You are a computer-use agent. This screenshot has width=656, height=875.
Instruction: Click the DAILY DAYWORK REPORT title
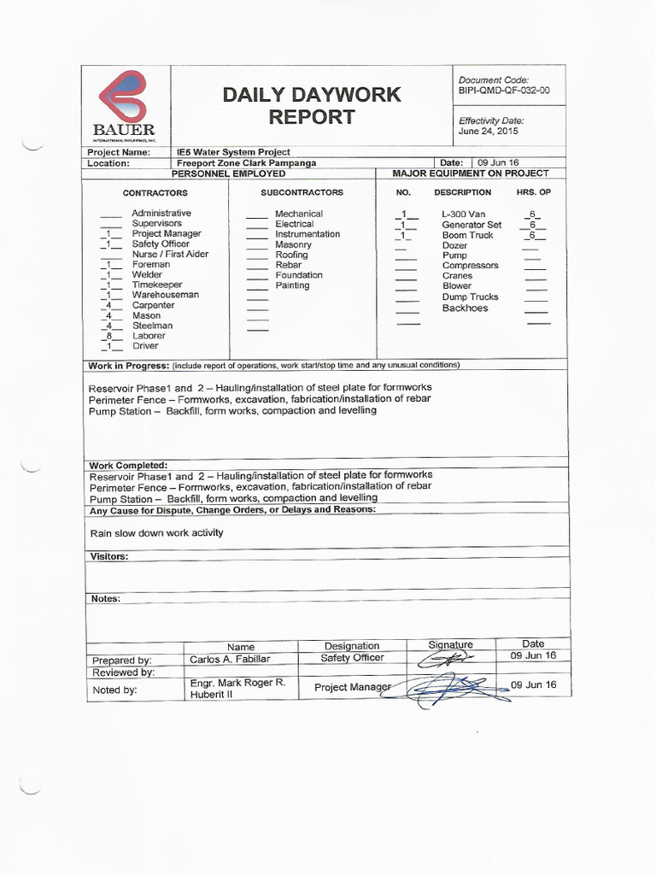coord(312,105)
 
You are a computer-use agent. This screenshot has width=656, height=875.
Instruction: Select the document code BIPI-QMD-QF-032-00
coord(504,89)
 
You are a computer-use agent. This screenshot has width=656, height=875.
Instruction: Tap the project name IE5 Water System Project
coord(233,151)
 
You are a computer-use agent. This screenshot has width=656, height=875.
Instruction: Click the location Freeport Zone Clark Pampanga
coord(246,162)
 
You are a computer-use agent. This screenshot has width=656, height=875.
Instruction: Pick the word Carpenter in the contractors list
coord(153,305)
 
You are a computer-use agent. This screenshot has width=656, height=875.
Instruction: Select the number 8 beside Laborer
coord(108,336)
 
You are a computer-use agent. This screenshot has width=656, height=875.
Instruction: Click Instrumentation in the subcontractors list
coord(307,234)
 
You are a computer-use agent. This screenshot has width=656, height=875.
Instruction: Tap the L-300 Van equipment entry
coord(463,214)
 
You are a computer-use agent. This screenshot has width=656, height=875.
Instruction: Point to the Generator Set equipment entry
coord(471,225)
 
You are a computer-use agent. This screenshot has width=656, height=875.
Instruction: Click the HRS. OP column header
coord(533,192)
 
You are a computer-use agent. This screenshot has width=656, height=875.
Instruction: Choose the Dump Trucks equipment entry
coord(470,297)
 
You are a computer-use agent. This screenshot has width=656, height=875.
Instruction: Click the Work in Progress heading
coord(128,365)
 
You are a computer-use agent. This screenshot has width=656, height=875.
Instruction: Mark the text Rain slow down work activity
coord(156,532)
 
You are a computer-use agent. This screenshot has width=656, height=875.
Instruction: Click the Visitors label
coord(109,556)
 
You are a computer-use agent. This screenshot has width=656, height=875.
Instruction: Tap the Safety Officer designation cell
coord(352,658)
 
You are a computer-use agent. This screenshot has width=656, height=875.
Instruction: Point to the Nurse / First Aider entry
coord(170,254)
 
